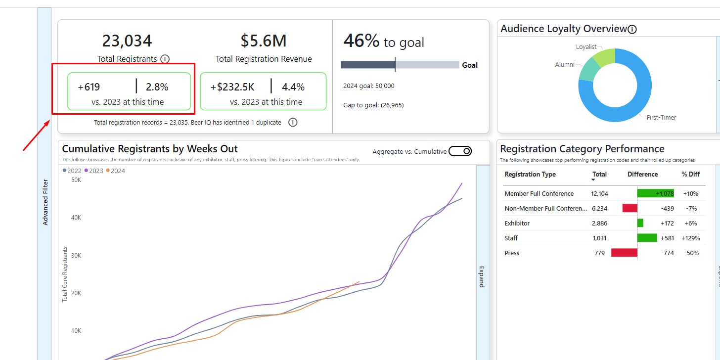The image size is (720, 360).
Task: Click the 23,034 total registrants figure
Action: [127, 41]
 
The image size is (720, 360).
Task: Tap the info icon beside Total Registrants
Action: [165, 59]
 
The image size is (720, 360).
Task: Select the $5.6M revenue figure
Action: [264, 41]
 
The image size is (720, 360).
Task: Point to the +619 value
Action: [89, 87]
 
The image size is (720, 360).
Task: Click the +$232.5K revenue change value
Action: [232, 87]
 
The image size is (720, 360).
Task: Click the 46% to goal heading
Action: [384, 42]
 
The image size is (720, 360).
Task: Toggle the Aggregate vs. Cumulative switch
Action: [460, 151]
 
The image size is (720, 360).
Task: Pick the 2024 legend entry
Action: [115, 171]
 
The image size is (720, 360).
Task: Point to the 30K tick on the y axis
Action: [76, 255]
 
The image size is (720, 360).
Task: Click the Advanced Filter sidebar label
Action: [45, 203]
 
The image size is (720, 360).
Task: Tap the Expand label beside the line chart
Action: [482, 277]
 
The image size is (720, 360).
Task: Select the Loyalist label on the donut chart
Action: [586, 47]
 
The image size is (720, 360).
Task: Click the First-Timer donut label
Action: [661, 118]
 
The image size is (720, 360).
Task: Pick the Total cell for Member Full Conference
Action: [599, 194]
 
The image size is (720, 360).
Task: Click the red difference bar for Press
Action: [624, 253]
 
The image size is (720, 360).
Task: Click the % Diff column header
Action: [691, 174]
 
